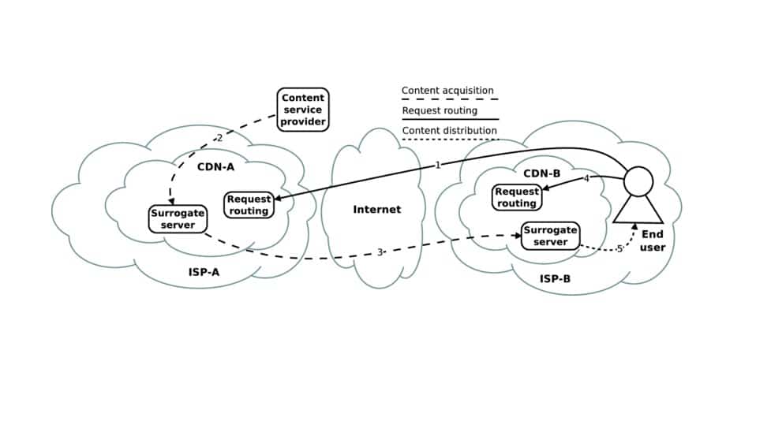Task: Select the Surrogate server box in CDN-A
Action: tap(178, 219)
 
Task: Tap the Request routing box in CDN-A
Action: tap(249, 205)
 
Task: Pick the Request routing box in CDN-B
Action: tap(517, 197)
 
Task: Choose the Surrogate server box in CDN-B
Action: tap(550, 236)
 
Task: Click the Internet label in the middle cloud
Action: tap(376, 210)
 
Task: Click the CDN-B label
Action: tap(541, 173)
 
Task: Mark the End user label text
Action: tap(653, 241)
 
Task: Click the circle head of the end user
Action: tap(639, 182)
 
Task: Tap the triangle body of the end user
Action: tap(639, 210)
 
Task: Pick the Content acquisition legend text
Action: tap(447, 91)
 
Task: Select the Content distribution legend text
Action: tap(450, 130)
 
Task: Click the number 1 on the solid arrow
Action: tap(437, 166)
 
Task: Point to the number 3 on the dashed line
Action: tap(380, 252)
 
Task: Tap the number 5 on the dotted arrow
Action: tap(619, 248)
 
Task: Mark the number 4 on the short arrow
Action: tap(586, 179)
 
